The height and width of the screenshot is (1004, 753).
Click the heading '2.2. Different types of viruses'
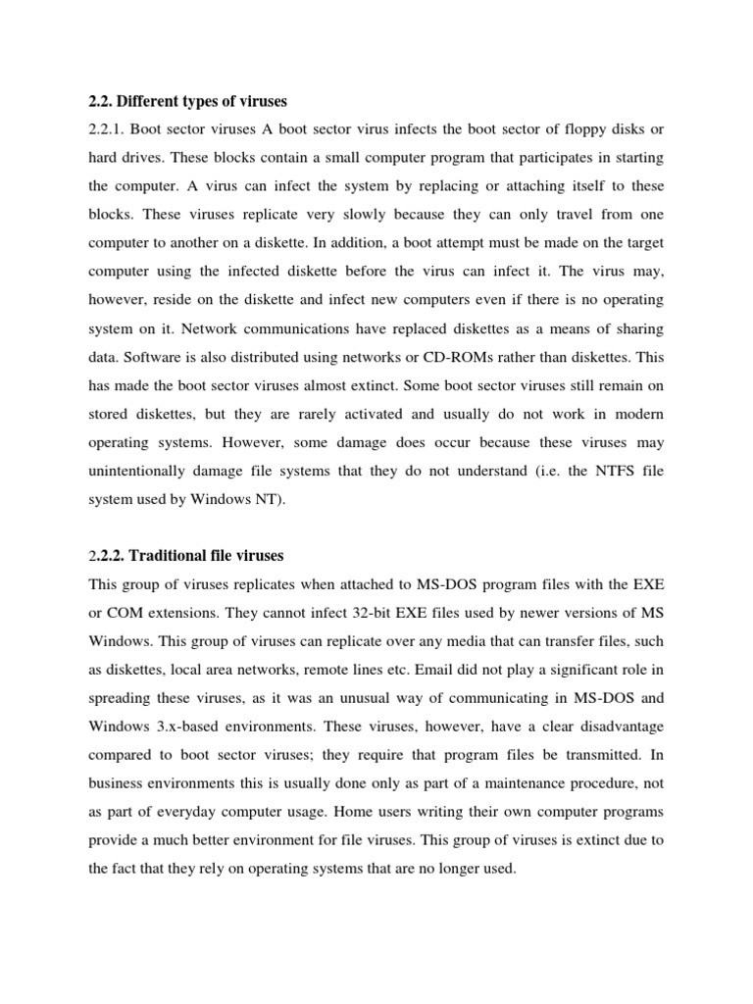pos(186,101)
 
